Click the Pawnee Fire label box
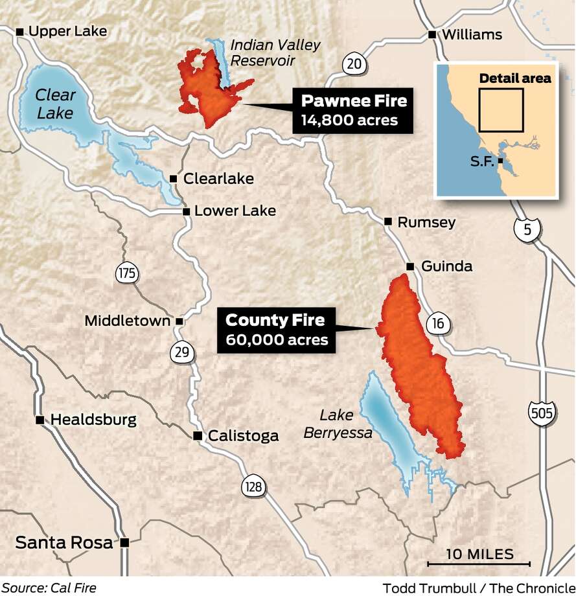(353, 110)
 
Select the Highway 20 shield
(352, 63)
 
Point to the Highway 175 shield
(127, 273)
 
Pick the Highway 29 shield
(182, 352)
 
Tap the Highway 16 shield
(438, 323)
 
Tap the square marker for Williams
(432, 34)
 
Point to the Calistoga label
(243, 436)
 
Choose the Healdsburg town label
(93, 420)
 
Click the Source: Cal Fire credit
(49, 588)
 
